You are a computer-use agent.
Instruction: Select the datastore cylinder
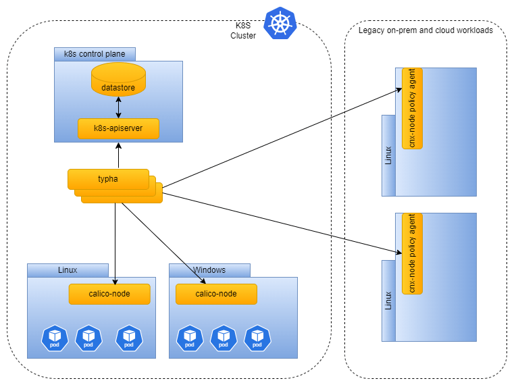(118, 80)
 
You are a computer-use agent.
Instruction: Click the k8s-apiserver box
(118, 128)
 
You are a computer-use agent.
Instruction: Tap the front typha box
(108, 179)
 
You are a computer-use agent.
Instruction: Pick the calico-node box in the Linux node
(109, 294)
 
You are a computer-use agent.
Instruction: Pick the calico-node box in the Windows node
(216, 294)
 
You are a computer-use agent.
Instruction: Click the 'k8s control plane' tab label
(94, 54)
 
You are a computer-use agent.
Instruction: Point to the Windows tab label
(209, 270)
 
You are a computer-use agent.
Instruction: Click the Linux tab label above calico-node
(68, 270)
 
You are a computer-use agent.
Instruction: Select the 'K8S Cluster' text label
(243, 30)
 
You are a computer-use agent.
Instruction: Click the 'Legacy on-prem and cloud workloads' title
(425, 30)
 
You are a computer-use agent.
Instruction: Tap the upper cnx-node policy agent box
(412, 108)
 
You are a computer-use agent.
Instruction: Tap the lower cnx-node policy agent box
(412, 253)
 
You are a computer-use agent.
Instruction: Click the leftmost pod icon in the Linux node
(55, 337)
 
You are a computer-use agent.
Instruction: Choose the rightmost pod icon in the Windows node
(257, 337)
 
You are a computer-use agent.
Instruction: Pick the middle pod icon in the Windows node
(224, 337)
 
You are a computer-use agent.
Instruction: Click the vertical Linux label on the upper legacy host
(388, 155)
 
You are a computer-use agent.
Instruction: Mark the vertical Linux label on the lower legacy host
(388, 301)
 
